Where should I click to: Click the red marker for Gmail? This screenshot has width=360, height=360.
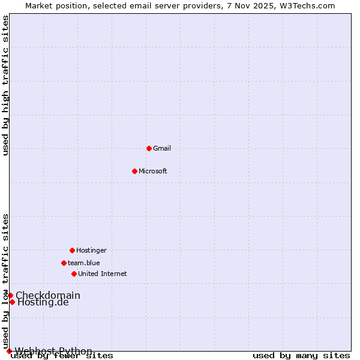pyautogui.click(x=149, y=148)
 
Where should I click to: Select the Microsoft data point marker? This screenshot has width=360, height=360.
pyautogui.click(x=134, y=171)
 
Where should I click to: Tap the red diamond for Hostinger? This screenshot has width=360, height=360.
pyautogui.click(x=72, y=250)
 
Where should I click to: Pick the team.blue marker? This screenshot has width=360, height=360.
pyautogui.click(x=64, y=263)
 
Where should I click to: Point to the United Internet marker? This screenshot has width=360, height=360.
pyautogui.click(x=74, y=274)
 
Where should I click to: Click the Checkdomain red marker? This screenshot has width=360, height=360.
pyautogui.click(x=10, y=295)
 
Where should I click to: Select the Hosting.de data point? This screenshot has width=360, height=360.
pyautogui.click(x=12, y=302)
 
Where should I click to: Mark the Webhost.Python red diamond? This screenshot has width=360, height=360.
pyautogui.click(x=9, y=351)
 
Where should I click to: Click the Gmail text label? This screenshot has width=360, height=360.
pyautogui.click(x=162, y=148)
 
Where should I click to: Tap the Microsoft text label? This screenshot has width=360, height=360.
pyautogui.click(x=152, y=171)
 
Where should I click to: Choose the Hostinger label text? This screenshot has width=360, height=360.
pyautogui.click(x=91, y=250)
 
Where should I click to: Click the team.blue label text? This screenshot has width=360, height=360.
pyautogui.click(x=84, y=263)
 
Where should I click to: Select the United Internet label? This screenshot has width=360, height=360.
pyautogui.click(x=102, y=274)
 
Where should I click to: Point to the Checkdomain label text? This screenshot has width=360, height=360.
pyautogui.click(x=48, y=295)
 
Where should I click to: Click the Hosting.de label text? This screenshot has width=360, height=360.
pyautogui.click(x=43, y=302)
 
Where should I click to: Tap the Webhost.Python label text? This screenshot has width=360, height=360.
pyautogui.click(x=53, y=351)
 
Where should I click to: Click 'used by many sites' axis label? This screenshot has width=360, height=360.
pyautogui.click(x=301, y=356)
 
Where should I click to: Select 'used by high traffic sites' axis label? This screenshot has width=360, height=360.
pyautogui.click(x=6, y=85)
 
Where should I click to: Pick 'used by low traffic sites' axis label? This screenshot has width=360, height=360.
pyautogui.click(x=6, y=281)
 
